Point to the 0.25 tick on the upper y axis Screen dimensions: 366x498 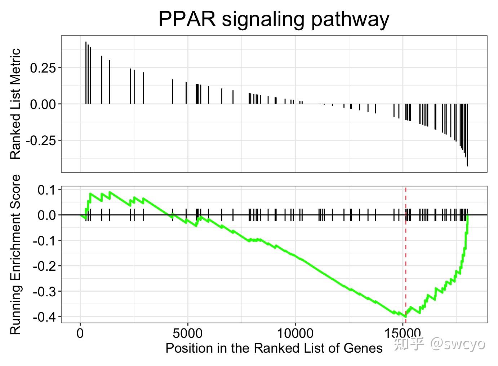click(x=44, y=68)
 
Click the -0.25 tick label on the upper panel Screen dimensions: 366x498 click(x=41, y=140)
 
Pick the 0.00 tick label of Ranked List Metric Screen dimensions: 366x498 click(x=44, y=104)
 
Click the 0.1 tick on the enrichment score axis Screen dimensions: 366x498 click(x=47, y=190)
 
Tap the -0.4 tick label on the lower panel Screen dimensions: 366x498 click(x=45, y=317)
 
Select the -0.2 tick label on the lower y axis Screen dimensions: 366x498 click(x=45, y=266)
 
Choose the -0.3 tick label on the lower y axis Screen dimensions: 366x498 click(x=45, y=291)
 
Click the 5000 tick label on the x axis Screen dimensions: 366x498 click(x=188, y=333)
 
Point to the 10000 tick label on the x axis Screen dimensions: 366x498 click(x=295, y=333)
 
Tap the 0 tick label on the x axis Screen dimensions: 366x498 click(x=80, y=333)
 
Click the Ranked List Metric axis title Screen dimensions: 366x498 click(x=15, y=104)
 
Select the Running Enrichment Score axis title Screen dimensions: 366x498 click(x=15, y=254)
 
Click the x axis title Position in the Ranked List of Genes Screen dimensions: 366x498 click(x=274, y=348)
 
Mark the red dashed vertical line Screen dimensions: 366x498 click(x=406, y=253)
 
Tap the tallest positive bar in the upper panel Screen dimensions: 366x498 click(x=86, y=72)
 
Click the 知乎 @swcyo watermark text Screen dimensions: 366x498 click(x=439, y=344)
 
